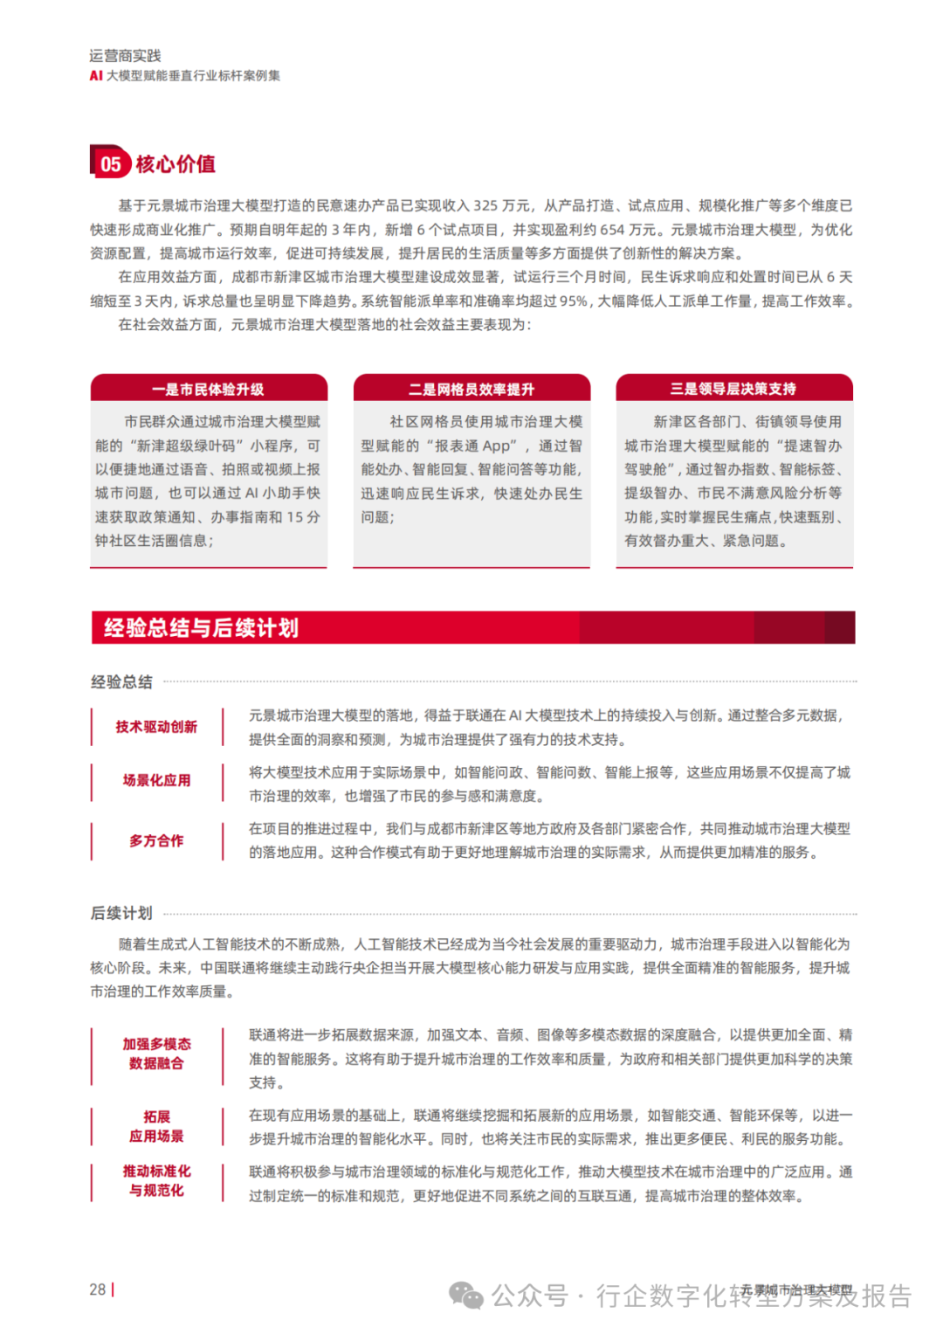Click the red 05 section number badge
point(110,163)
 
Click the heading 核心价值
point(176,164)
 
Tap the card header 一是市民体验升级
point(208,389)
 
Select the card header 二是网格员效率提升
point(471,389)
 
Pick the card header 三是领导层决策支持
point(733,388)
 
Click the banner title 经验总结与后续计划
point(201,627)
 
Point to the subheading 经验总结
point(121,681)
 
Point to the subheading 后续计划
point(121,913)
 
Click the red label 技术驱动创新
point(156,727)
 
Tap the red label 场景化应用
point(156,780)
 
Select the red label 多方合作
point(156,840)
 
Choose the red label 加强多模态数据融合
point(156,1054)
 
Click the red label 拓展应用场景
point(156,1126)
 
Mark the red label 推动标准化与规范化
point(156,1180)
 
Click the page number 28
point(97,1289)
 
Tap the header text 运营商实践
point(125,56)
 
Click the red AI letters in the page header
point(96,76)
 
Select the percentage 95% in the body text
point(574,301)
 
